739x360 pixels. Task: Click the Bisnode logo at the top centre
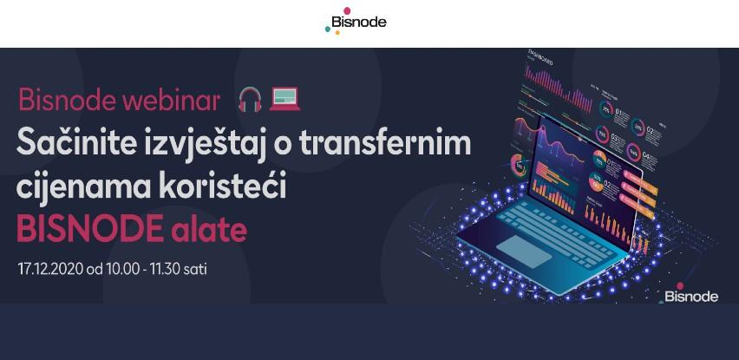click(x=356, y=22)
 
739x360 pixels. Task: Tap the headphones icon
click(x=250, y=100)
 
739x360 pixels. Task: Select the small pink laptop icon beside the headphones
click(x=284, y=100)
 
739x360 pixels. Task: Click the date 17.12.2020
click(x=49, y=267)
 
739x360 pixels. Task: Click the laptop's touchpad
click(x=522, y=251)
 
